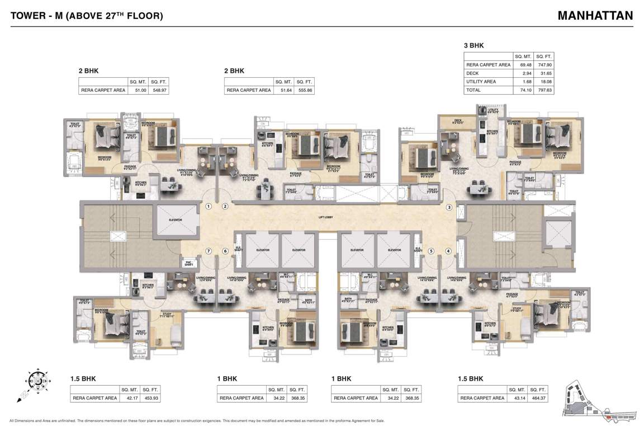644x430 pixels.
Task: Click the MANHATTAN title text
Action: pos(595,15)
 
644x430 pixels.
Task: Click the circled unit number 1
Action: pos(209,207)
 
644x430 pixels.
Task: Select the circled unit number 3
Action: pos(448,208)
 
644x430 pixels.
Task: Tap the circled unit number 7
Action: pos(209,251)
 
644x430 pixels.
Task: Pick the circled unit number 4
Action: pos(448,251)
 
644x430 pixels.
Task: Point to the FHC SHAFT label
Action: pos(189,264)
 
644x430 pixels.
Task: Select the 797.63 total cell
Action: pos(544,90)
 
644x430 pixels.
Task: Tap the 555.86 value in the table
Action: pos(305,90)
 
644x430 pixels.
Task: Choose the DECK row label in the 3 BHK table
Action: pos(473,73)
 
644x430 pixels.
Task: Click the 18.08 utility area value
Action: pos(544,81)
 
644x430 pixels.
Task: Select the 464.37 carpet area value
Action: pos(538,398)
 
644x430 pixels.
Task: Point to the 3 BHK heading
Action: pos(473,45)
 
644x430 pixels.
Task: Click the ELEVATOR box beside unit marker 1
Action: pos(176,220)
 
